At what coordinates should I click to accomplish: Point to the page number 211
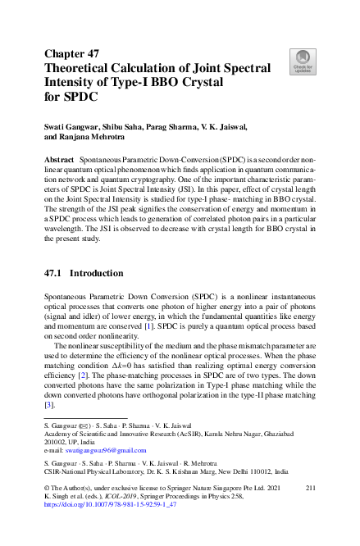[310, 489]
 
